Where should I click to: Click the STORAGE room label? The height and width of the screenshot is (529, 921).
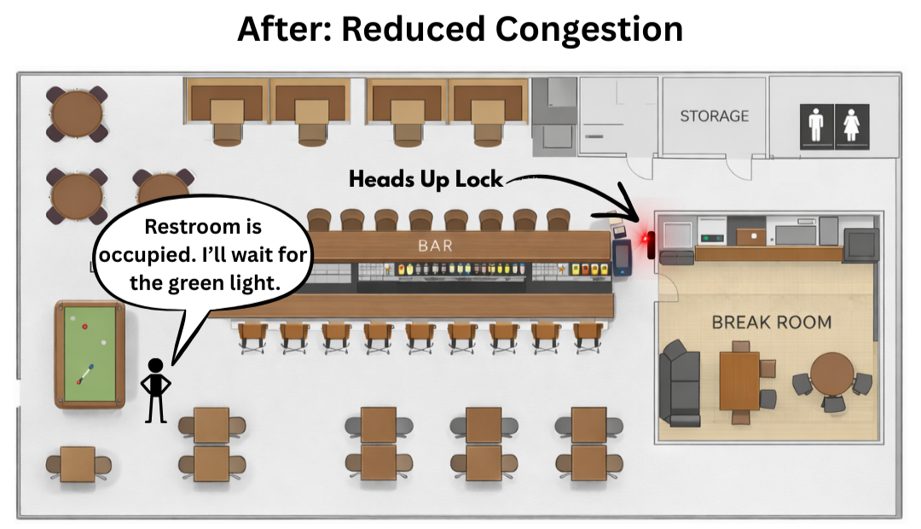click(715, 116)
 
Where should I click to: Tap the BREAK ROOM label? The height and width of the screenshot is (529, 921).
click(772, 323)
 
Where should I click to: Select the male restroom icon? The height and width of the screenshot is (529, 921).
click(816, 126)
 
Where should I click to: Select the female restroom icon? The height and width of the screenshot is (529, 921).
click(851, 126)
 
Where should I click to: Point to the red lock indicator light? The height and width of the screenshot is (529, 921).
click(650, 243)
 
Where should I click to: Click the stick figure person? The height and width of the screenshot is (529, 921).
click(155, 389)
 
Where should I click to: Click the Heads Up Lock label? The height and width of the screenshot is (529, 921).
click(425, 180)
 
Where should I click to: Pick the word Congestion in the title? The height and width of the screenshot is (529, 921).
click(589, 30)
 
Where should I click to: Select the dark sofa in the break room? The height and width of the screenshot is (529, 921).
click(680, 381)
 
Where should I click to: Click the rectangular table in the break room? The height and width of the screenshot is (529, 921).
click(739, 381)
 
